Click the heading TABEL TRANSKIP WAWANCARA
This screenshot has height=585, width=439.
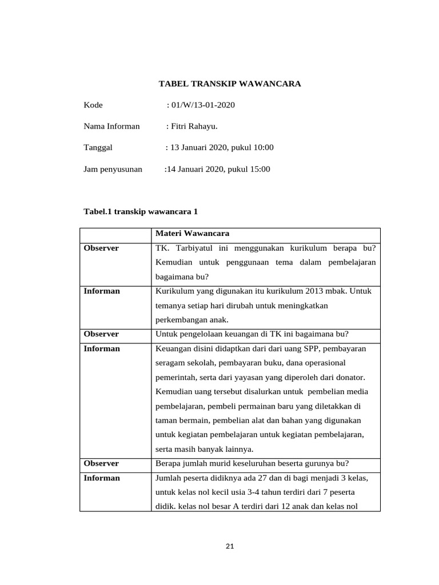click(229, 84)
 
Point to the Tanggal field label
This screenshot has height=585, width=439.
click(98, 147)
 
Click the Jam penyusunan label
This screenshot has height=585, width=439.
click(113, 169)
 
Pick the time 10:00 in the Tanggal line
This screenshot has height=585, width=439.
click(263, 147)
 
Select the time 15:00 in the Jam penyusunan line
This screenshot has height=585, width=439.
click(260, 169)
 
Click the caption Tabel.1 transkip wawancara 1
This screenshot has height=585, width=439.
click(141, 211)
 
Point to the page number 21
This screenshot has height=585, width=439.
click(230, 546)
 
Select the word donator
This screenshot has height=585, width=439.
click(349, 378)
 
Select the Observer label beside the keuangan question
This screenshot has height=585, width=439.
click(101, 334)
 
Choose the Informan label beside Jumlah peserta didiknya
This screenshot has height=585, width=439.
click(102, 478)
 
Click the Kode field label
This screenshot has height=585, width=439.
click(93, 105)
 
